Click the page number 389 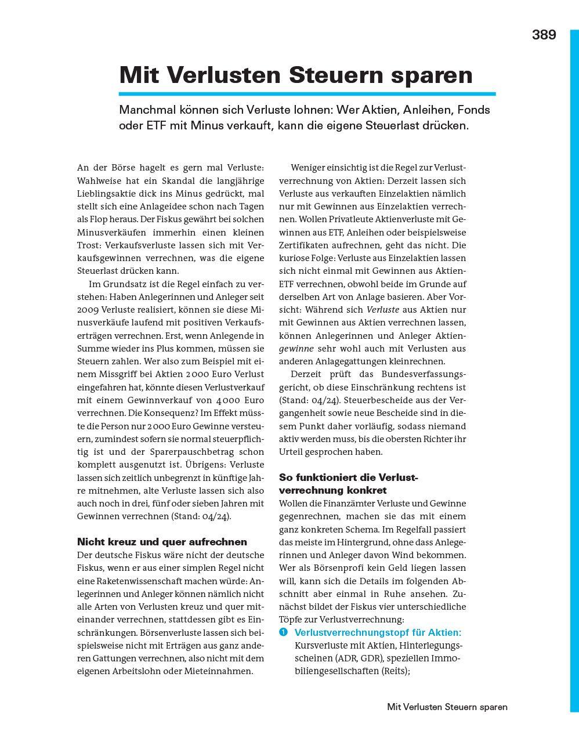point(544,35)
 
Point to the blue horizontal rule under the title point(307,93)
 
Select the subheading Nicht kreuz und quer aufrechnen point(162,542)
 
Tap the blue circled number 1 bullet point(284,632)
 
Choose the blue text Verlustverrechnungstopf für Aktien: point(378,632)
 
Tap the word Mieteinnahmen point(223,671)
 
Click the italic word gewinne point(296,349)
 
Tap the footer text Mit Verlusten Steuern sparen point(447,707)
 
